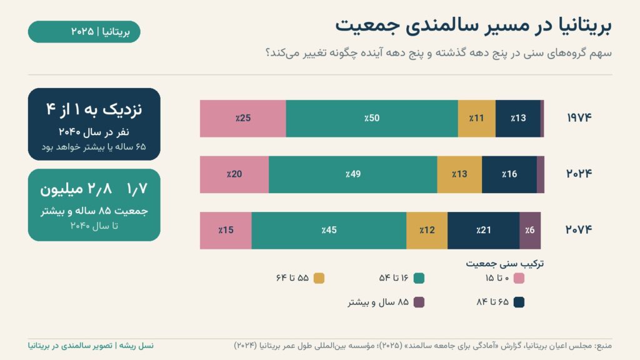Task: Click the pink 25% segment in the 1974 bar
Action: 243,118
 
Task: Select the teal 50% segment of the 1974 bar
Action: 372,118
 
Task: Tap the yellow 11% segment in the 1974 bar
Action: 477,118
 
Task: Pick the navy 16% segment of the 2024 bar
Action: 509,174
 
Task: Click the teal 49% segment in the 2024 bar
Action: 353,174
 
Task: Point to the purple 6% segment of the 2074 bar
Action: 530,231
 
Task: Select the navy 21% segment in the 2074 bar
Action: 484,231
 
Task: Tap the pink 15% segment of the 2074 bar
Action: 226,231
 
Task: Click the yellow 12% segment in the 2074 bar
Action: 427,231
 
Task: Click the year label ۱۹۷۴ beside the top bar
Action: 579,118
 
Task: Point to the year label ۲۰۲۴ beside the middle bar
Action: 579,174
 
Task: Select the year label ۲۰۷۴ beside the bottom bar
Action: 578,230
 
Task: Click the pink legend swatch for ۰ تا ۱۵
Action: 519,278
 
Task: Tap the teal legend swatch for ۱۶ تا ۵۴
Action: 419,278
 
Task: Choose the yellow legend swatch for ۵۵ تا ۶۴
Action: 319,278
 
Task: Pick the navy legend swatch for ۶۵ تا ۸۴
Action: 519,302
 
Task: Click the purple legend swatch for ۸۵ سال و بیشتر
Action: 419,302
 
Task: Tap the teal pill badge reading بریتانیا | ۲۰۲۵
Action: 84,32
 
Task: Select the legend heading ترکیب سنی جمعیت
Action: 505,264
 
